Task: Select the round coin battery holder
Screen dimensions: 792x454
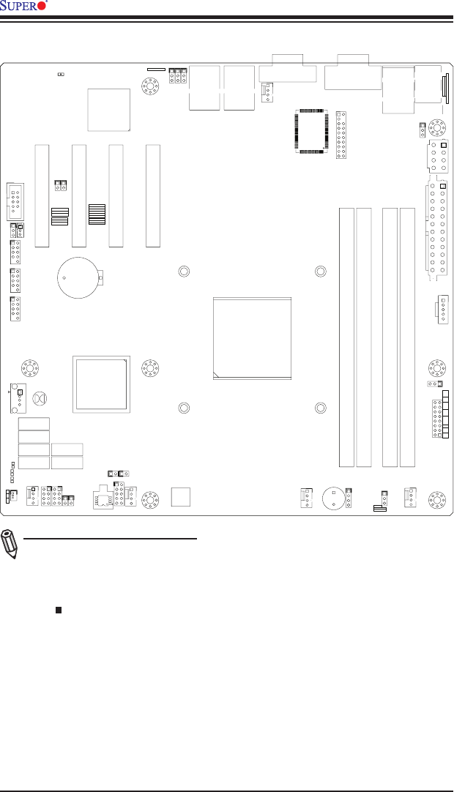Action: coord(78,277)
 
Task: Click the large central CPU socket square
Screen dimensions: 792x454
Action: coord(253,338)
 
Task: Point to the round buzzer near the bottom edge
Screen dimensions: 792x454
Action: coord(335,498)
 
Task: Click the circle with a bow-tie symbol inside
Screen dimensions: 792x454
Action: coord(42,399)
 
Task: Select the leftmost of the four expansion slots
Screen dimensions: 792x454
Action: coord(41,195)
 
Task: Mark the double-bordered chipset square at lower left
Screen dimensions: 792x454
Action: coord(103,384)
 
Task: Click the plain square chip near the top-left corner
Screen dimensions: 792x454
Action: coord(108,109)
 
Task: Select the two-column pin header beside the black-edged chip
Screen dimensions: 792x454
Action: coord(340,135)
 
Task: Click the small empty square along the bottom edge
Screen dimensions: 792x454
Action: coord(180,496)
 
